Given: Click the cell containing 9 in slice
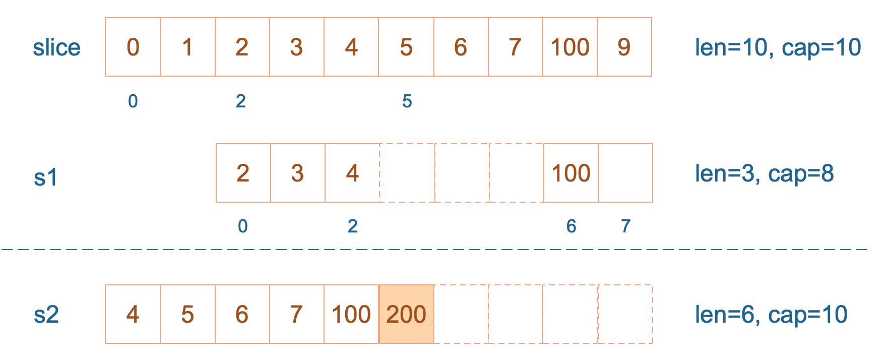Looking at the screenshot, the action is (624, 47).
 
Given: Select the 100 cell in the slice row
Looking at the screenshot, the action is (570, 47).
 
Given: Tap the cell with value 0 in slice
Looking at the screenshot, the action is (133, 47).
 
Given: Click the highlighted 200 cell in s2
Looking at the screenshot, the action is (406, 314).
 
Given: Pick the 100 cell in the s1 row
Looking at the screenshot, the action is (571, 173).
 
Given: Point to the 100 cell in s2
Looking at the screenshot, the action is (351, 314).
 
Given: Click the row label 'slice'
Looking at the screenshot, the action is (56, 47).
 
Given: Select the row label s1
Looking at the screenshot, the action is (46, 177).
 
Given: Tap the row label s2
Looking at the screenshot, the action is (46, 315).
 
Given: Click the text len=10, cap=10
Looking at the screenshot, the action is (778, 47).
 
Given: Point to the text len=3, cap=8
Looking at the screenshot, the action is (764, 173).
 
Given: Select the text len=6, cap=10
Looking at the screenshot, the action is (771, 315).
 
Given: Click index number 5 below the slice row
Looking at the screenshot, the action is (407, 101).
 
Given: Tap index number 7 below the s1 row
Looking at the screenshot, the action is (625, 226).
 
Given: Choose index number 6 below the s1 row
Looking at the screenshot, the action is (571, 226).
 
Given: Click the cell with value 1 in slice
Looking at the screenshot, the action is (188, 47).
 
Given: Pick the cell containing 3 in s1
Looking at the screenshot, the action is (298, 173).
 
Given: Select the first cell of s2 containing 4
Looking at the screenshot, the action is (133, 314).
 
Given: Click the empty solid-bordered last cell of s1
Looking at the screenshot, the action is (625, 173).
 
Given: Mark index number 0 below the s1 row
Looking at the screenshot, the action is (243, 226).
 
